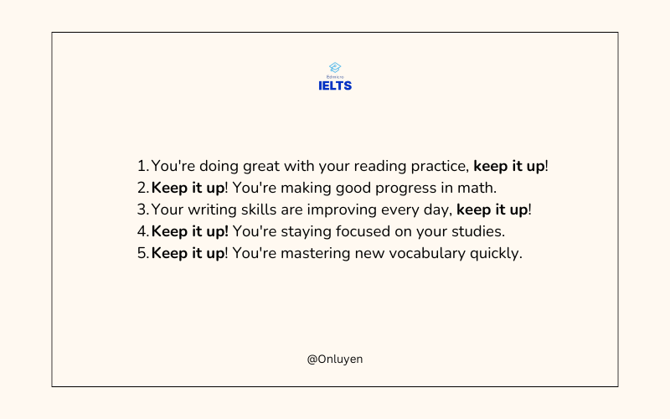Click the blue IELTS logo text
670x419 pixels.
[x=335, y=86]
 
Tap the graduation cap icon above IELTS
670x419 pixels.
[x=335, y=68]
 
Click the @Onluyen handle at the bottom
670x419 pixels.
[x=335, y=360]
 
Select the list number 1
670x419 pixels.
[x=142, y=166]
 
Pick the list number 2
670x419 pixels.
[x=142, y=188]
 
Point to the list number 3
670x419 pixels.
[x=142, y=209]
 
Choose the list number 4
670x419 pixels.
[x=142, y=231]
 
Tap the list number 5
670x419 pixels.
[x=142, y=253]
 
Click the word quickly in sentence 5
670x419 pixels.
[x=496, y=254]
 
